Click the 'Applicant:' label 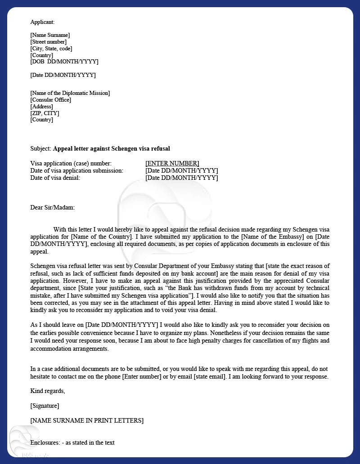(x=42, y=22)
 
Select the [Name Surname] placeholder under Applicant (x=50, y=35)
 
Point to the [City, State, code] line (x=51, y=49)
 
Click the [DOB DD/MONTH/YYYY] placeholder (x=64, y=62)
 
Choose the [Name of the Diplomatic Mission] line (x=70, y=93)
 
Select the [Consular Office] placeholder (x=51, y=100)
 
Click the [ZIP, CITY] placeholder (x=45, y=113)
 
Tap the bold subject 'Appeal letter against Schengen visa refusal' (x=112, y=148)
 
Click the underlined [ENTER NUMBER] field (x=172, y=163)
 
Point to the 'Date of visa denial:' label (x=55, y=178)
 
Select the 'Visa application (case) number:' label (x=71, y=163)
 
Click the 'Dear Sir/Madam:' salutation (x=53, y=207)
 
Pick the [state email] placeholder (x=210, y=377)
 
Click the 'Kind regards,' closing (x=48, y=391)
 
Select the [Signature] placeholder (x=45, y=406)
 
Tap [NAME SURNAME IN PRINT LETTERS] (x=87, y=420)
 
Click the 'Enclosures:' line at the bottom (x=72, y=442)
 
